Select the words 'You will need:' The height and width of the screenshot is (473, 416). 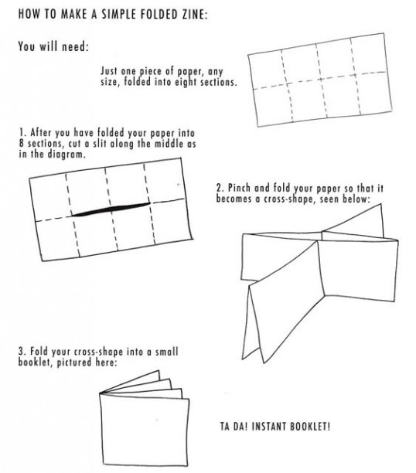53,46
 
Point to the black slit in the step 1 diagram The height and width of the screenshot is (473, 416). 111,209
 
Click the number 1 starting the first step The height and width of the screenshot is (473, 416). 22,132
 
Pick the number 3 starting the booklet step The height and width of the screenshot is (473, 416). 22,352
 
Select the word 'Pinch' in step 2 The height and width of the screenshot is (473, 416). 239,188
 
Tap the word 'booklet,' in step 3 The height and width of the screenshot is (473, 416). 34,362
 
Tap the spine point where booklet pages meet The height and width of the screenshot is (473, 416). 100,393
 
